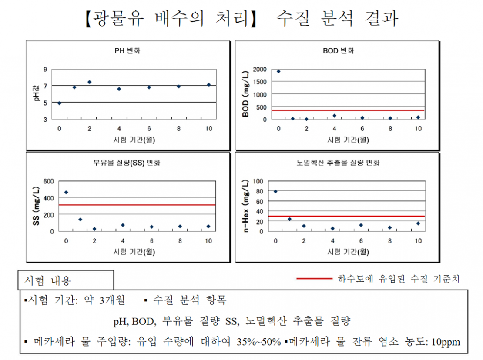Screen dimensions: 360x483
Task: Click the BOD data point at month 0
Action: pos(278,71)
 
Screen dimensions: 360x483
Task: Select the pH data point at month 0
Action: pos(59,103)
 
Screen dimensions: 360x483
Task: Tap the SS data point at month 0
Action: pos(66,192)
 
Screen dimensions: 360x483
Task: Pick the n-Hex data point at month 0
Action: pos(275,191)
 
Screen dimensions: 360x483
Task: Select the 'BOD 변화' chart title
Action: pos(338,51)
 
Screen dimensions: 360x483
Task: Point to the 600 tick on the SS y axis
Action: pos(49,181)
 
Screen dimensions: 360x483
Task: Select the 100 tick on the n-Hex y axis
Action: pos(258,181)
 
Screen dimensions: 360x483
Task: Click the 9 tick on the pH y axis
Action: pos(45,69)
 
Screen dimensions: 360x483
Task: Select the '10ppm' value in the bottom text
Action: pos(446,342)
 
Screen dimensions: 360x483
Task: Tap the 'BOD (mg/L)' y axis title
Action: pos(246,94)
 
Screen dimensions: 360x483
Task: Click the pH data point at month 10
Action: pos(208,85)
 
